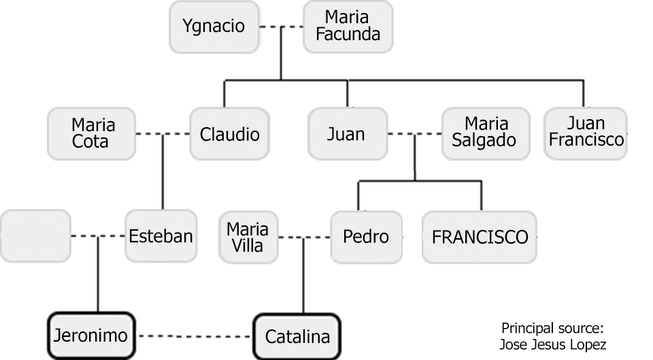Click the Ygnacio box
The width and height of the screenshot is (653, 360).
click(213, 27)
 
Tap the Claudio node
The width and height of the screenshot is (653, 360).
click(229, 134)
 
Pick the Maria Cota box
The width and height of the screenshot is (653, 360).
click(93, 134)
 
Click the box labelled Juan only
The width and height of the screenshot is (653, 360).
click(347, 134)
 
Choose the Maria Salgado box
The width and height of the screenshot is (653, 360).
click(486, 133)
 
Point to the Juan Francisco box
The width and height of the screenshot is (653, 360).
click(586, 133)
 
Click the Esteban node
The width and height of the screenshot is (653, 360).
click(161, 237)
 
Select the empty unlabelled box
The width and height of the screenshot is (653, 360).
click(35, 236)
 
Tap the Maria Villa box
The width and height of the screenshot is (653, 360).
click(248, 237)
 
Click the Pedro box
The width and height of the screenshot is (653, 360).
click(366, 237)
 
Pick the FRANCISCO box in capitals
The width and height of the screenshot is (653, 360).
click(480, 237)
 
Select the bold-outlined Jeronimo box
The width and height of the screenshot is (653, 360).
click(92, 336)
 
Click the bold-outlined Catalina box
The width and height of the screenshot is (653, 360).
click(297, 336)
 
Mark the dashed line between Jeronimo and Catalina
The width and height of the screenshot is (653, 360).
click(195, 336)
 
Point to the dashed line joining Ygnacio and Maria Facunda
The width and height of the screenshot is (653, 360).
click(281, 27)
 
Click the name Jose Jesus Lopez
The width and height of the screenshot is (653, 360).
click(552, 344)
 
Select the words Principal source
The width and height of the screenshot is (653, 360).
click(552, 327)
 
